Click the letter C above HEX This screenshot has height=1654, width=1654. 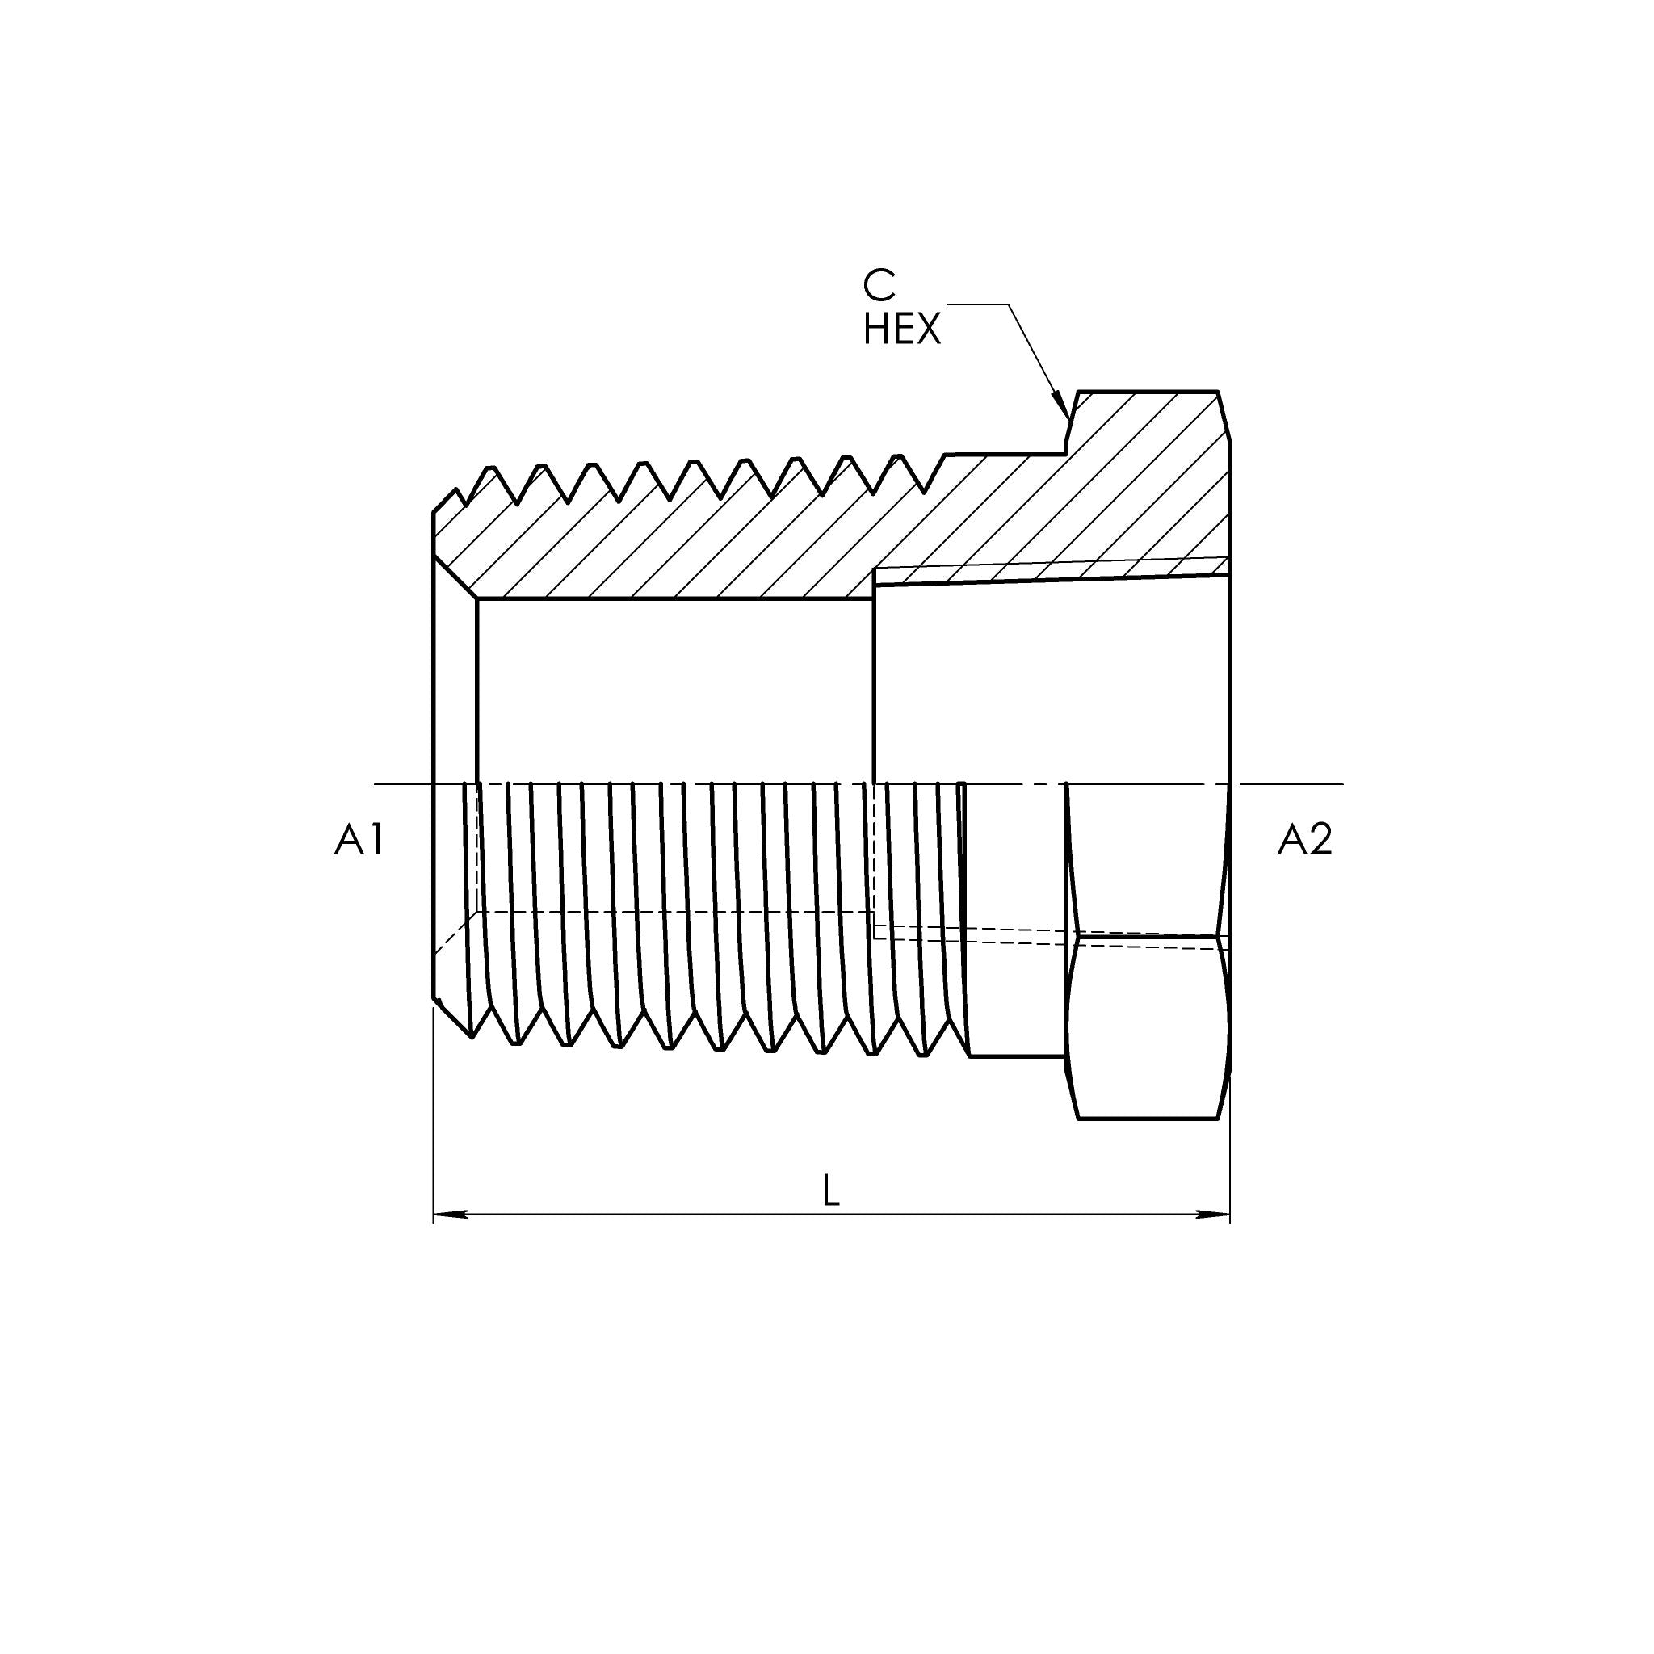click(879, 286)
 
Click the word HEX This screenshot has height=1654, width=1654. click(901, 330)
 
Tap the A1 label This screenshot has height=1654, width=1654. click(359, 840)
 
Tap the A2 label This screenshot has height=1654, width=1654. click(1305, 840)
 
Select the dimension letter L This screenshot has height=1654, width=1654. click(830, 1191)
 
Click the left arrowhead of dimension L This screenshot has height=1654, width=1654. click(450, 1214)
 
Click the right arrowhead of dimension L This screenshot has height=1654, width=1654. click(1213, 1214)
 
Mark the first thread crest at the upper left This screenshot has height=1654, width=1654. click(490, 468)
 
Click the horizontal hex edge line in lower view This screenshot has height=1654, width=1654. click(1147, 935)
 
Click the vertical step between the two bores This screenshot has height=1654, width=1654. click(873, 676)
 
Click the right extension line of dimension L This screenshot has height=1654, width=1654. click(1229, 1156)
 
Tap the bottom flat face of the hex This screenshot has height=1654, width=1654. click(1147, 1118)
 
